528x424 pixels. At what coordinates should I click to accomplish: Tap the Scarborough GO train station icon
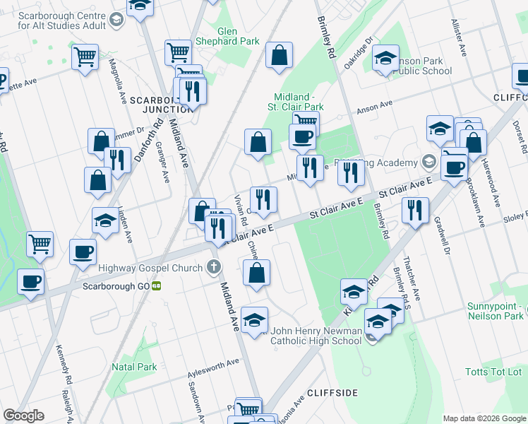[x=157, y=286]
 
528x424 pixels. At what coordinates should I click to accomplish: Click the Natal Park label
[x=134, y=367]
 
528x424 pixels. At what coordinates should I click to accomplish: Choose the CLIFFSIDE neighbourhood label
[x=332, y=392]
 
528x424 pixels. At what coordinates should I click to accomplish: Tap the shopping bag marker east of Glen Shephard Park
[x=280, y=56]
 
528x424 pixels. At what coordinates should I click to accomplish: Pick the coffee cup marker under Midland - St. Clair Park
[x=303, y=136]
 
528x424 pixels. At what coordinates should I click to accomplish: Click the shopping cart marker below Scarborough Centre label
[x=85, y=57]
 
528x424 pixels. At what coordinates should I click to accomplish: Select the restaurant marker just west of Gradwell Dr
[x=414, y=210]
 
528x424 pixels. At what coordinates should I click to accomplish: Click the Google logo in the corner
[x=24, y=416]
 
